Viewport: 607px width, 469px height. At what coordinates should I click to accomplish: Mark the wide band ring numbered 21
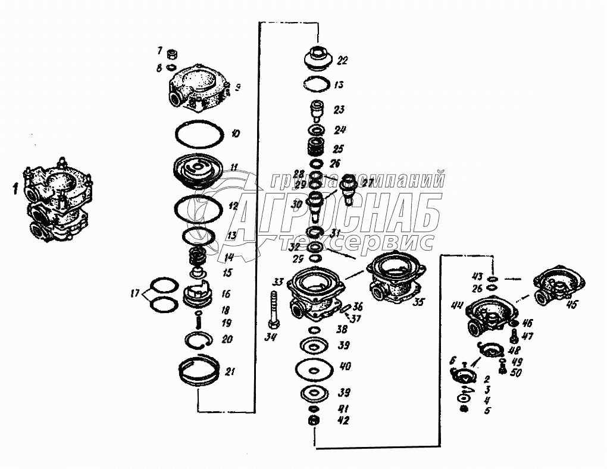coord(201,372)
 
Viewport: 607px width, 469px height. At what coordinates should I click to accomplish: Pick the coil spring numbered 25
coord(316,147)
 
